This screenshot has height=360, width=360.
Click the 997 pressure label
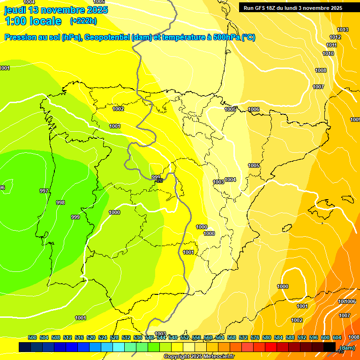[x=44, y=191]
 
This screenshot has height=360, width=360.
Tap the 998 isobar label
[x=60, y=202]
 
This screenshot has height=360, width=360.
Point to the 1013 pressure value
[x=343, y=30]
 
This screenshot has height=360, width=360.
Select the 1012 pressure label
[x=335, y=37]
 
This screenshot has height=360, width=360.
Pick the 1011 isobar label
[x=331, y=45]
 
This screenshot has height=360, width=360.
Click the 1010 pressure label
[x=328, y=53]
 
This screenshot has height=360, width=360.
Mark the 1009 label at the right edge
[x=355, y=120]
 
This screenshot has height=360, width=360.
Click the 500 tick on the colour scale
[x=32, y=337]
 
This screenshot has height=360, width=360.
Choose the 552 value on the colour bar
[x=185, y=337]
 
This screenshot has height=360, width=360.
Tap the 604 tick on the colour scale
[x=337, y=337]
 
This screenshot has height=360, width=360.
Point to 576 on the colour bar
[x=255, y=337]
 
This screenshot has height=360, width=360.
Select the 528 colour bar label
[x=114, y=337]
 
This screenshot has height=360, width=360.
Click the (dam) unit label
[x=347, y=348]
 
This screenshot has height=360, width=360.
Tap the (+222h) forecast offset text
[x=83, y=21]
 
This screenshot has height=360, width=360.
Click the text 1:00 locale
[x=33, y=21]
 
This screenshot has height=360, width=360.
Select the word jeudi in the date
[x=15, y=10]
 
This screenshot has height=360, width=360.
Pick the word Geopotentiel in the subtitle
[x=107, y=37]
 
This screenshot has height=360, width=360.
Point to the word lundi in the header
[x=292, y=8]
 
